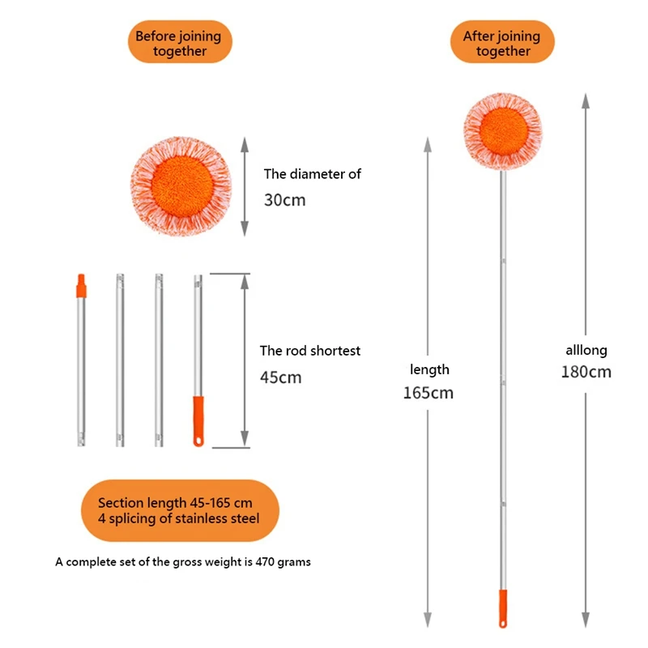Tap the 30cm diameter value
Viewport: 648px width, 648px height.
(284, 199)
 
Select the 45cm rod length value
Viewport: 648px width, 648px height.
(280, 377)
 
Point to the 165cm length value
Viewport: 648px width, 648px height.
(428, 393)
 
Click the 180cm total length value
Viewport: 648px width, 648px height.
(586, 373)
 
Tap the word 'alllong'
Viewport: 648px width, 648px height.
(586, 351)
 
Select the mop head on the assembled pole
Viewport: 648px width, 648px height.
(502, 131)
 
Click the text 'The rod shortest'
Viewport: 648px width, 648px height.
(309, 351)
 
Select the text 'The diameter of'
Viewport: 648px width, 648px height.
(312, 173)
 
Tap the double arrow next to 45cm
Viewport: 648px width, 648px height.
(244, 360)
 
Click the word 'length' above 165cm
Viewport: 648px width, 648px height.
(429, 369)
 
